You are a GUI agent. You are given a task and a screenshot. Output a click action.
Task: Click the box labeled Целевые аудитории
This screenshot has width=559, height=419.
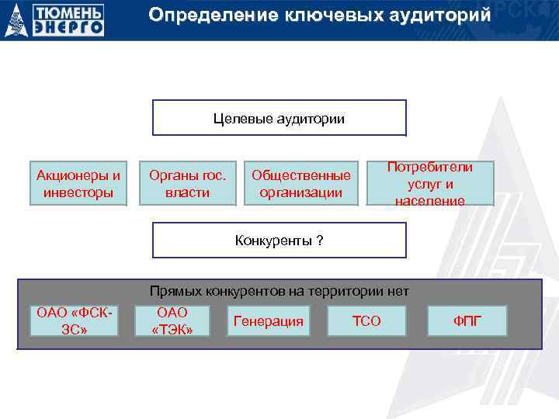pyautogui.click(x=279, y=118)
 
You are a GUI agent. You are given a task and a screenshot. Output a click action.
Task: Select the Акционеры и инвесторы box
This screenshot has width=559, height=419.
pyautogui.click(x=78, y=183)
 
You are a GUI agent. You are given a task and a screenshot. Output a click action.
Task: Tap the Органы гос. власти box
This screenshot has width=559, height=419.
pyautogui.click(x=187, y=183)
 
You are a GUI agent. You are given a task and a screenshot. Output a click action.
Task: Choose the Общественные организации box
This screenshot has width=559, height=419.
pyautogui.click(x=301, y=184)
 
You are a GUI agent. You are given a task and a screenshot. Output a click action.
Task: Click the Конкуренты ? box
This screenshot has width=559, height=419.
pyautogui.click(x=279, y=240)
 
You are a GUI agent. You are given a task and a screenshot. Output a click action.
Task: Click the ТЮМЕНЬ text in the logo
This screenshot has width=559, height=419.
pyautogui.click(x=68, y=12)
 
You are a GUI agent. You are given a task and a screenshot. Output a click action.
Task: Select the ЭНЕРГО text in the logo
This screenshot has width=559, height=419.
pyautogui.click(x=68, y=27)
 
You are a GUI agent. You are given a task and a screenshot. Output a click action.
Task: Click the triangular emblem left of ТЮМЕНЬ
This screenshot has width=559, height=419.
pyautogui.click(x=16, y=21)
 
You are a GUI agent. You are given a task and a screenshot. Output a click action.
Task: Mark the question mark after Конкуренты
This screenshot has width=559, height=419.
pyautogui.click(x=319, y=241)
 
